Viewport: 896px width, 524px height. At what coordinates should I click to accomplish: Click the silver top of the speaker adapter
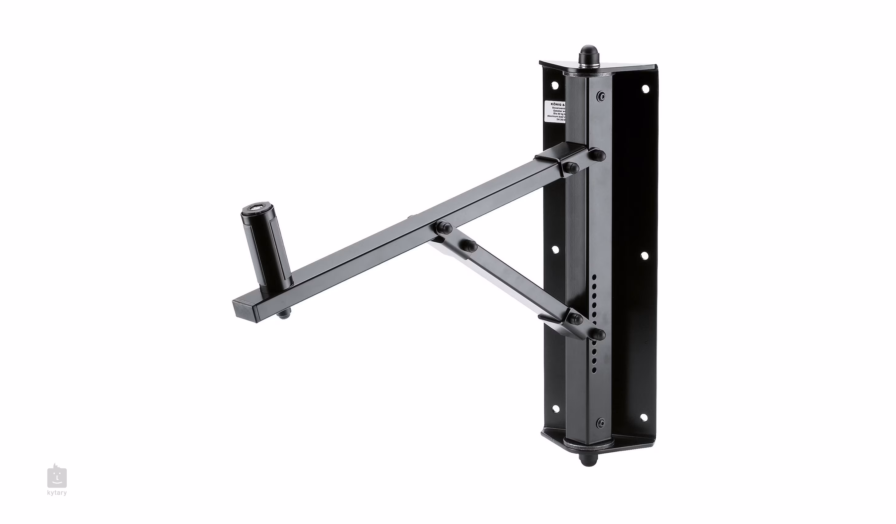point(256,207)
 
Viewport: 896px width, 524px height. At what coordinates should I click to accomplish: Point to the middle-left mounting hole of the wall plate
point(555,250)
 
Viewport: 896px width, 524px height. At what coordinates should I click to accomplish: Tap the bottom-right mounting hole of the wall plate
point(643,417)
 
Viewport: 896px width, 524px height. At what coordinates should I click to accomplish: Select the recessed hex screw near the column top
point(601,96)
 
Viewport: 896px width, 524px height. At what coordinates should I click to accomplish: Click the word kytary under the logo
point(57,493)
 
